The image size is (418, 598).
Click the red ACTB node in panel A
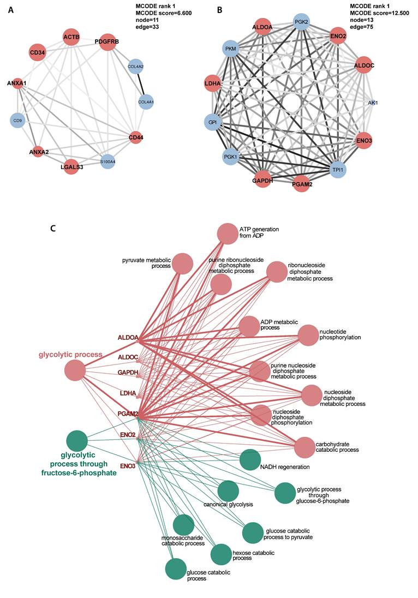(x=71, y=37)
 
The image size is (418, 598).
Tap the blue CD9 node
(x=19, y=121)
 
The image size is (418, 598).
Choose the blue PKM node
(x=230, y=50)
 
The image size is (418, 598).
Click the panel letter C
(x=53, y=227)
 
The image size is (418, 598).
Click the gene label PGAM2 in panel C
(x=127, y=415)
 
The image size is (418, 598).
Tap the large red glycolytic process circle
(x=75, y=372)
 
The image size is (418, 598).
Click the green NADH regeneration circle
(x=250, y=459)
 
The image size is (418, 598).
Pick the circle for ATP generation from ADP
(x=228, y=234)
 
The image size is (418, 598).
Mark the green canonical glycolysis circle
(x=228, y=491)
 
